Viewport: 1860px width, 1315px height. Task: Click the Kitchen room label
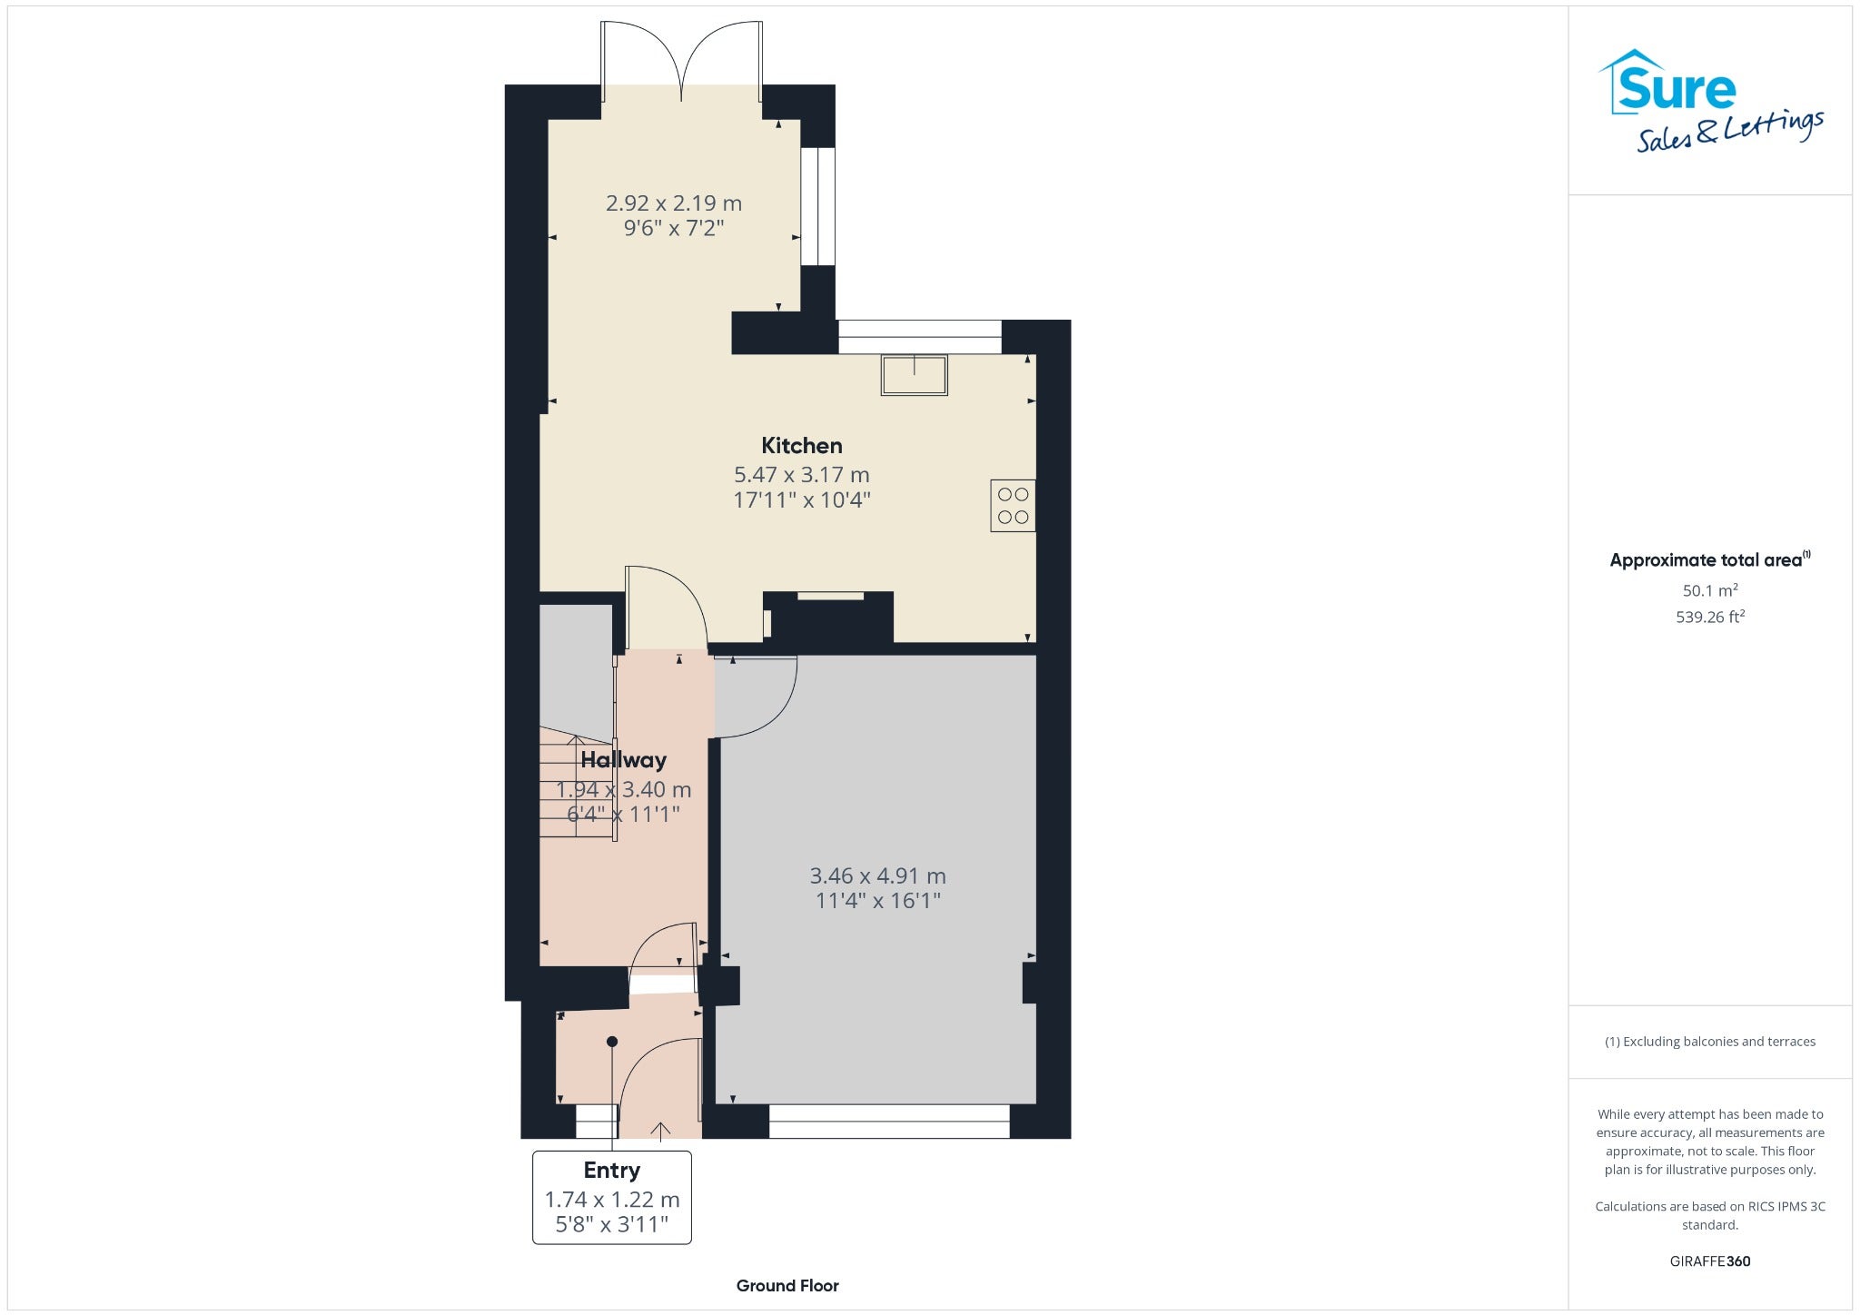pos(801,446)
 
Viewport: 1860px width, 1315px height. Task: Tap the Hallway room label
pos(624,760)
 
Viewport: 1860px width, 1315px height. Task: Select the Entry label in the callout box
pos(612,1171)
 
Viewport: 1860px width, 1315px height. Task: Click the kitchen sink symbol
pos(914,374)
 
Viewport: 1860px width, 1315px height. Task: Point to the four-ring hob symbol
pos(1013,506)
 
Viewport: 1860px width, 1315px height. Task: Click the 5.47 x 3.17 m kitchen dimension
pos(801,475)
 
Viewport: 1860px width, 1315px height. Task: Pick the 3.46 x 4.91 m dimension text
pos(877,876)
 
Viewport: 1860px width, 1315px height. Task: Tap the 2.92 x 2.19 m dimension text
pos(674,203)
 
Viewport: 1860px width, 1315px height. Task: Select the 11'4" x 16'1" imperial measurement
pos(877,901)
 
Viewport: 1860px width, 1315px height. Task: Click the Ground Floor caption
pos(787,1286)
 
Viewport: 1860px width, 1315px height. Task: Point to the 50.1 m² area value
pos(1710,590)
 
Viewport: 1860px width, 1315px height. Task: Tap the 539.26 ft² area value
pos(1710,617)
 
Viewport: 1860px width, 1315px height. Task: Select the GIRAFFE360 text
pos(1710,1261)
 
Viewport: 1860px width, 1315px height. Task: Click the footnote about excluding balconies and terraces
pos(1710,1042)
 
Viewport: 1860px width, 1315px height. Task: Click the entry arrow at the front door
pos(660,1130)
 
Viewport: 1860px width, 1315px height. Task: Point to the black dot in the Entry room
pos(612,1042)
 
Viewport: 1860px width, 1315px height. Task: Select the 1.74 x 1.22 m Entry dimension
pos(612,1200)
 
